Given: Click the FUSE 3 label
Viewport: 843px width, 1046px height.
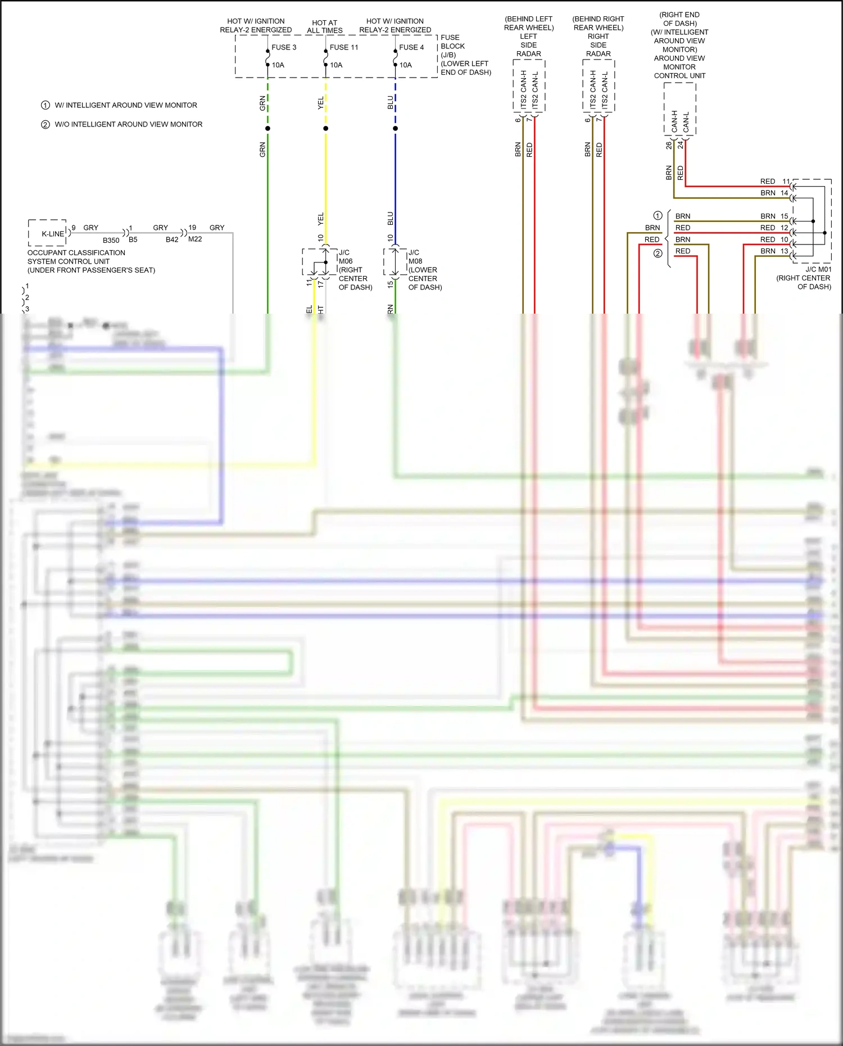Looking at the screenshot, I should click(x=284, y=47).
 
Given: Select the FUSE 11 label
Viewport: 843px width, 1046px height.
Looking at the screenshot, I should click(x=343, y=47).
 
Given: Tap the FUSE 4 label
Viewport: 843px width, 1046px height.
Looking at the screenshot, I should click(x=411, y=47).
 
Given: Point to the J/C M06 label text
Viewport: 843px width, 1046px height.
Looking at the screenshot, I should click(x=346, y=257).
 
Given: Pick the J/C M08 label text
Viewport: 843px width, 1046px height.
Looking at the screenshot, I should click(x=415, y=257).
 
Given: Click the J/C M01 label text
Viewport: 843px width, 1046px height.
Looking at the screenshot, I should click(x=818, y=269).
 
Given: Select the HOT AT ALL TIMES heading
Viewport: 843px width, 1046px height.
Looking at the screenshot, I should click(x=325, y=26).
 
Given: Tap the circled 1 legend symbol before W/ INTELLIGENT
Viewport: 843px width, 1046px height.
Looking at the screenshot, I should click(x=46, y=105).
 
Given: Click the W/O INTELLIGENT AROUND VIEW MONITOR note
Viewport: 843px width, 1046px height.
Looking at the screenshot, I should click(x=128, y=124).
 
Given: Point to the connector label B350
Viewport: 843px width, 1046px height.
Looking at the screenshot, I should click(x=111, y=240).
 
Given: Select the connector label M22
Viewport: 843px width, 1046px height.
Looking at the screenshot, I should click(x=195, y=239).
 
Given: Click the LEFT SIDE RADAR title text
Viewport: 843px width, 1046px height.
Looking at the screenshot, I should click(x=528, y=45).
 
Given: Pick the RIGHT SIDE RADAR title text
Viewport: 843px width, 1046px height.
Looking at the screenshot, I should click(x=598, y=45).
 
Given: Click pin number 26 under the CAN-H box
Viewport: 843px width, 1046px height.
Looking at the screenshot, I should click(x=668, y=145).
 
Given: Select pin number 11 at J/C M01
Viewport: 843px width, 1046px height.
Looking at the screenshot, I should click(x=786, y=182).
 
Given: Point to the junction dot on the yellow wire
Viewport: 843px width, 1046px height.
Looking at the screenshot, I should click(x=325, y=129).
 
